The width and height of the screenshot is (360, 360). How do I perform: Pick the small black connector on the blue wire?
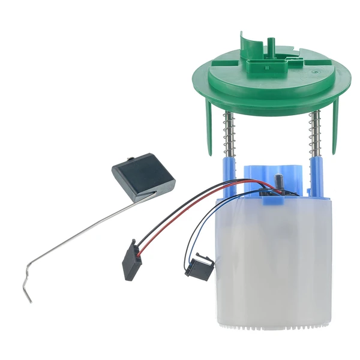(x=199, y=264)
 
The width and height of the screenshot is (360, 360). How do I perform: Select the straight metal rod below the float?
(x=78, y=228)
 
